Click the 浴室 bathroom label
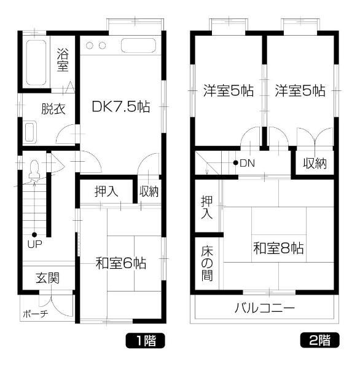point(63,59)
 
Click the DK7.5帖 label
point(120,106)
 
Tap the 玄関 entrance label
point(47,278)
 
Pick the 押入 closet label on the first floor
point(106,191)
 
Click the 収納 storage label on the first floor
point(149,191)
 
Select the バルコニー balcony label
point(264,307)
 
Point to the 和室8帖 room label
point(279,249)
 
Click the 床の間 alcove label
point(207,263)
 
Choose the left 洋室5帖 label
point(229,91)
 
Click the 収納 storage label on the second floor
point(315,164)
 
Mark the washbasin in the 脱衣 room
point(30,131)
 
